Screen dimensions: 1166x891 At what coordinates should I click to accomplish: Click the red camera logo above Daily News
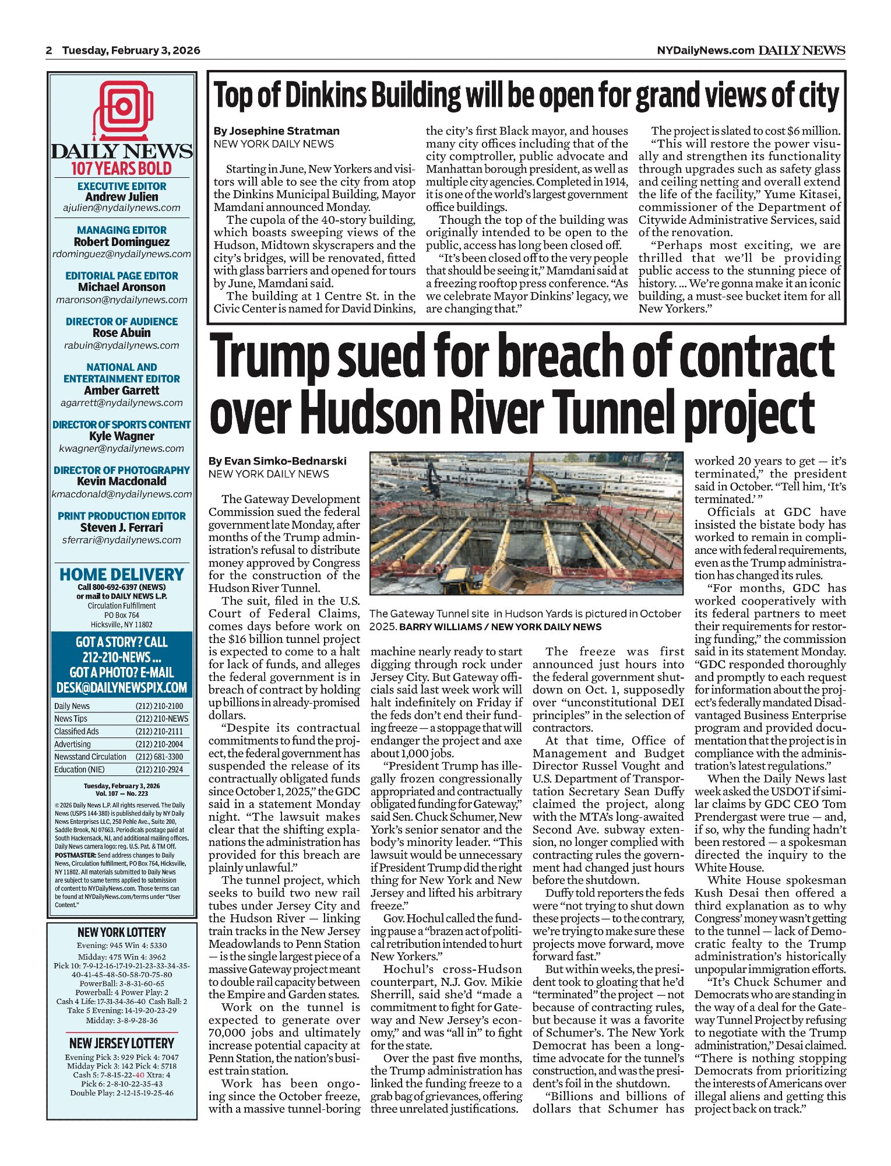[122, 108]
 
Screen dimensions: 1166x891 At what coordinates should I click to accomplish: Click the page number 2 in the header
[50, 50]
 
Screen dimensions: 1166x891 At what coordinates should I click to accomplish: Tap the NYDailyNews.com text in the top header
[705, 50]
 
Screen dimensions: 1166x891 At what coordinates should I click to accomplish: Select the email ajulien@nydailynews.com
[122, 208]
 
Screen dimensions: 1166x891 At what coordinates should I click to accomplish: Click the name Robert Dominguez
[122, 241]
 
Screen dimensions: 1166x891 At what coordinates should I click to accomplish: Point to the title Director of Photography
[122, 470]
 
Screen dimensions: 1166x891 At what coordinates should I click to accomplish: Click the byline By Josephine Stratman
[276, 131]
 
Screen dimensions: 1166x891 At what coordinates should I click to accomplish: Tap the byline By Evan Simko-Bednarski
[277, 461]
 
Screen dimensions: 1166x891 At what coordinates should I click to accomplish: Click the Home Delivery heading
[122, 574]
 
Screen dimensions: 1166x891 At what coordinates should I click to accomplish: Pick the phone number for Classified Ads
[159, 731]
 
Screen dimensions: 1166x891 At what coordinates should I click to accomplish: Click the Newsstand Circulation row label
[90, 757]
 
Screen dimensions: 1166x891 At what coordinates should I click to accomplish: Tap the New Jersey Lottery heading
[122, 1043]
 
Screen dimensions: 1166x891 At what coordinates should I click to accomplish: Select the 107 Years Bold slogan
[122, 169]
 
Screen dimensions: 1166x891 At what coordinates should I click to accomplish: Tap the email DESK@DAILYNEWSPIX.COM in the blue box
[122, 688]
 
